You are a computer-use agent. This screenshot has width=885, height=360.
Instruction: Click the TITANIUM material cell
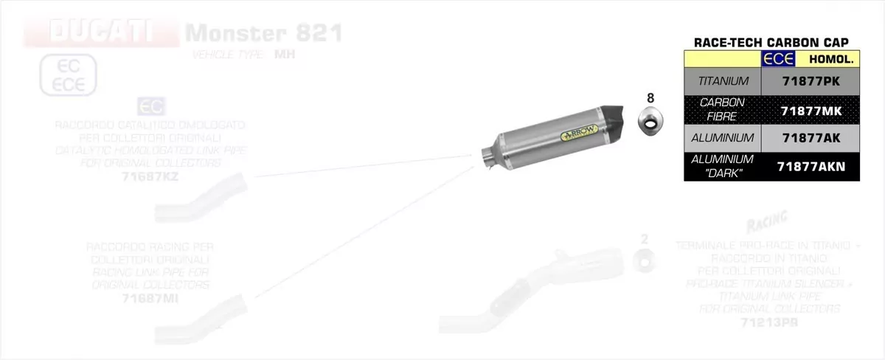[722, 81]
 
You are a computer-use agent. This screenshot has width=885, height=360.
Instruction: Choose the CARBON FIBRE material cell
[722, 109]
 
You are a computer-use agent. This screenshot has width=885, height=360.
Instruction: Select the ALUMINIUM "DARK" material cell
[722, 166]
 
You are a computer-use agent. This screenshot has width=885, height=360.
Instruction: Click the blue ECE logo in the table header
[778, 59]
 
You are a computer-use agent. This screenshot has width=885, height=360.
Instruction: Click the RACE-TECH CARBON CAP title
[771, 42]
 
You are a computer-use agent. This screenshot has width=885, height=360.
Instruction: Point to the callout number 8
[650, 97]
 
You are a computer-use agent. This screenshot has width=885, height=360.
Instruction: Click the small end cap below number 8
[650, 120]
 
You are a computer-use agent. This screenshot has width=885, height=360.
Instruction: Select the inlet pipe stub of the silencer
[489, 157]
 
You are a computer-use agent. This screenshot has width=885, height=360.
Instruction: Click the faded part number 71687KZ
[150, 177]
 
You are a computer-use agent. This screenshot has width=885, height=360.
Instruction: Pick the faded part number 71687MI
[150, 299]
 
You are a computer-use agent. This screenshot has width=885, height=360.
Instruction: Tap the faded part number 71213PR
[769, 322]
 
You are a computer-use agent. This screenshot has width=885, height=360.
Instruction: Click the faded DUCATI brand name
[100, 32]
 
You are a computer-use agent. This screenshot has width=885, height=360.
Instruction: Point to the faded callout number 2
[645, 238]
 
